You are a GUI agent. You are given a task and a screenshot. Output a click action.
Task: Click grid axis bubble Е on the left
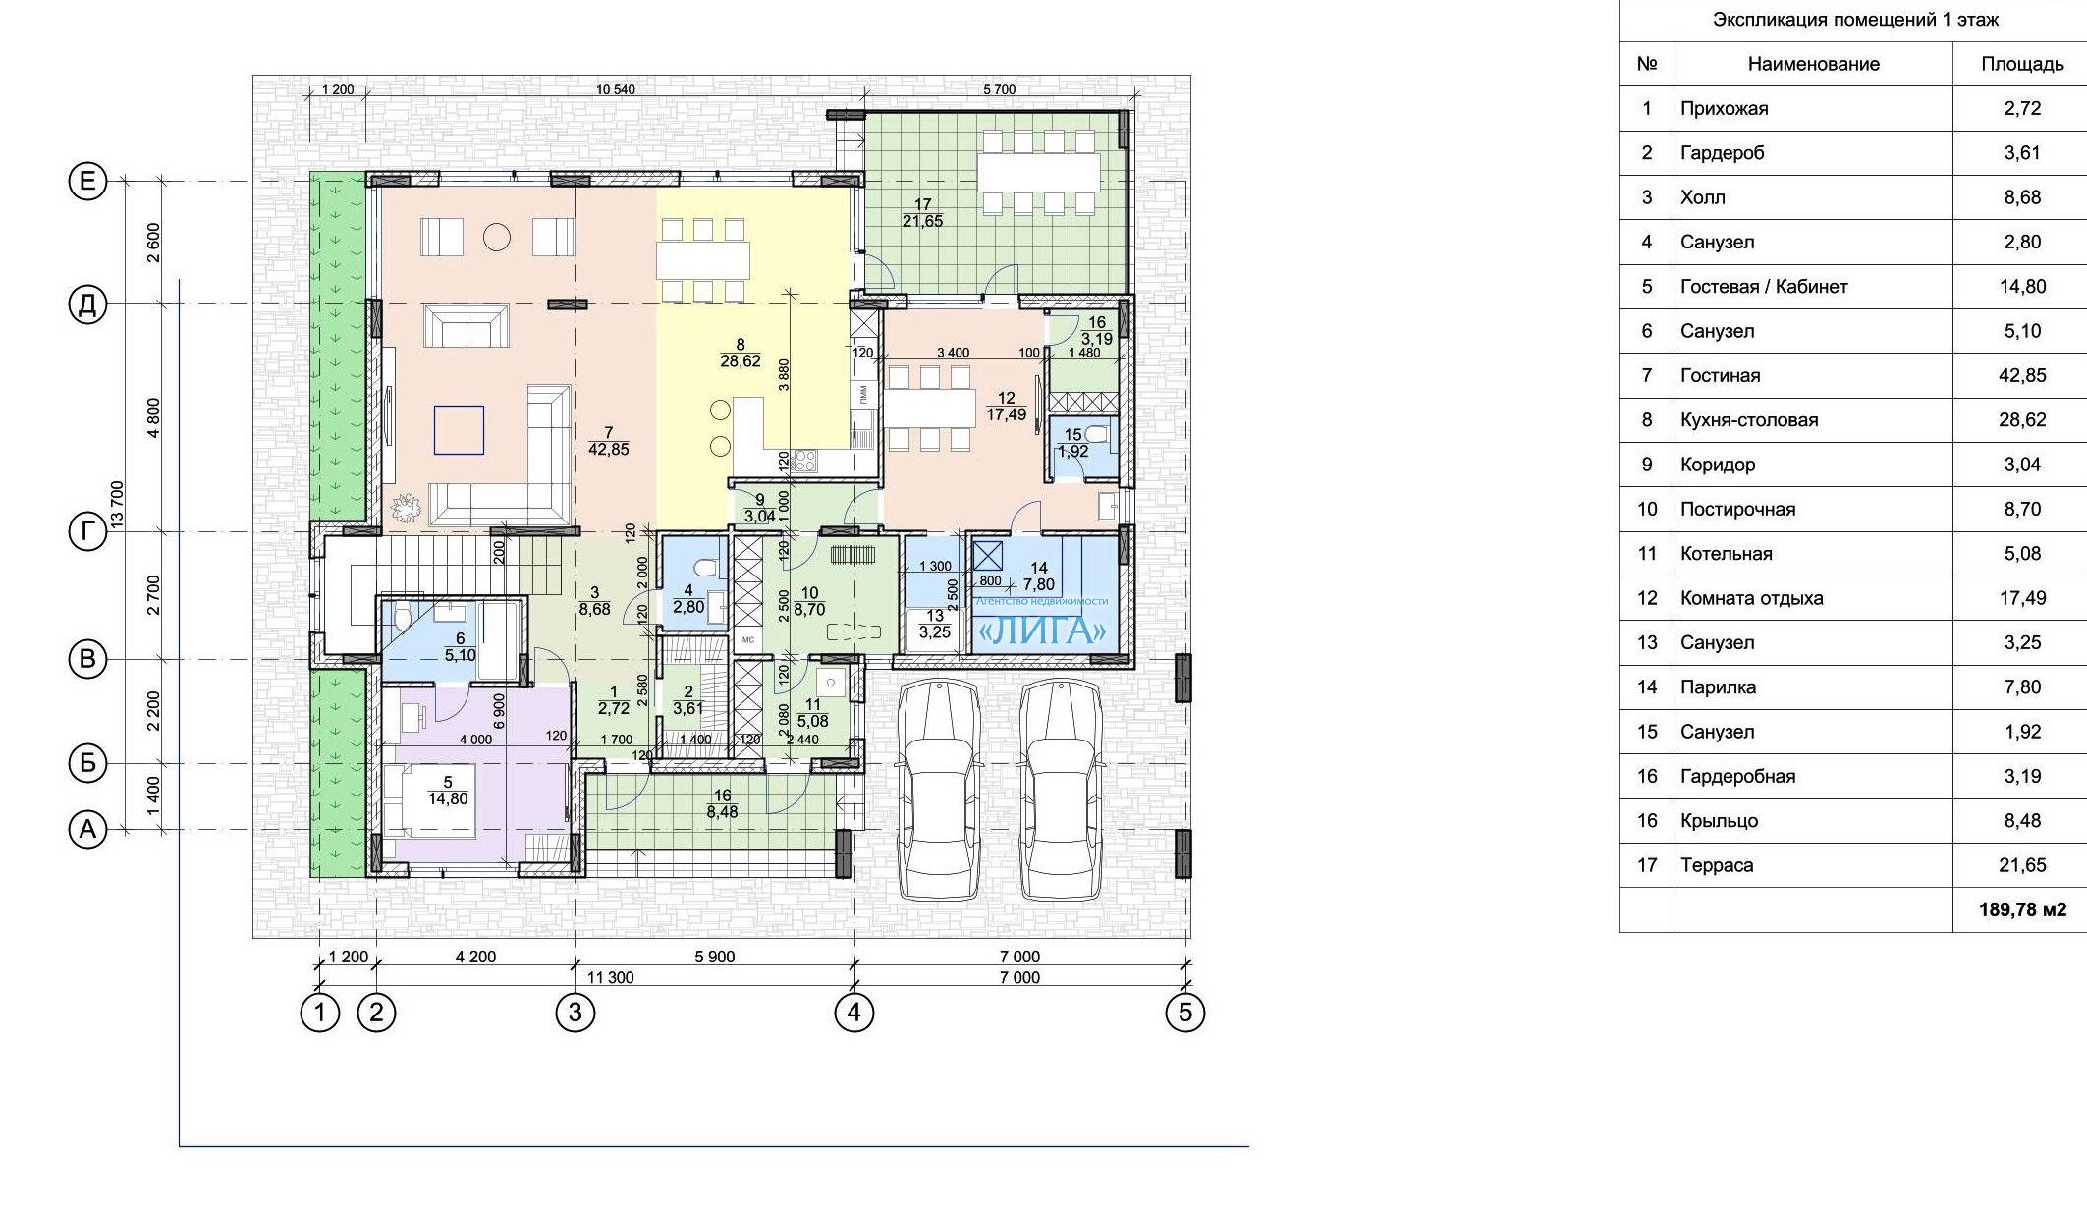87,182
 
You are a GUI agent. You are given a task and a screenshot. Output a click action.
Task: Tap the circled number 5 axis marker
1184,1013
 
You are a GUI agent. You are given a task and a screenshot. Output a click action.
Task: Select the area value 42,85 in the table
2022,375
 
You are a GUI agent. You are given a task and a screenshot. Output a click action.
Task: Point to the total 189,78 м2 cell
2022,910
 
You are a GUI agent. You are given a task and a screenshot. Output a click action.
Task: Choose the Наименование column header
1813,64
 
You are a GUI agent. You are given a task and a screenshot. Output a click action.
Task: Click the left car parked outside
940,790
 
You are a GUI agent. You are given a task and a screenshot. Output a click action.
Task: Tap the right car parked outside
1059,790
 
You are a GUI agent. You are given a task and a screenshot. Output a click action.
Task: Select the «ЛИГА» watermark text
1044,631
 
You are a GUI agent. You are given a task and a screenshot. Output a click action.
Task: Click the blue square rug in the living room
459,430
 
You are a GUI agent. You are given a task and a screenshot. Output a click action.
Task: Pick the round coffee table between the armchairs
498,237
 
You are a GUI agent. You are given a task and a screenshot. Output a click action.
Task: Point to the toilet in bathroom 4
703,569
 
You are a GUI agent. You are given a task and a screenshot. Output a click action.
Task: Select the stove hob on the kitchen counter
803,460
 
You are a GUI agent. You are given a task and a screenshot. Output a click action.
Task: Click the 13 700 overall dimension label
118,506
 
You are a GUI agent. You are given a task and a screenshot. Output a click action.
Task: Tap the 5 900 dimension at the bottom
714,957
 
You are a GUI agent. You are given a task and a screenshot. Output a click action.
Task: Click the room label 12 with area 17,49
1007,407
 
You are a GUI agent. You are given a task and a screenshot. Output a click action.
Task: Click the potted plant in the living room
404,509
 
